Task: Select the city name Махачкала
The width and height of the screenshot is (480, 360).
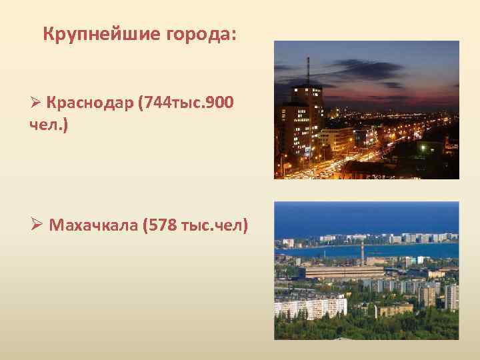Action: click(92, 225)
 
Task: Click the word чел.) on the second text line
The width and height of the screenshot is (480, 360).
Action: click(49, 125)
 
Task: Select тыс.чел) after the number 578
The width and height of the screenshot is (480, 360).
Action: click(214, 225)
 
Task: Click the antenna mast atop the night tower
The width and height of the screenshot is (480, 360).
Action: click(308, 70)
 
